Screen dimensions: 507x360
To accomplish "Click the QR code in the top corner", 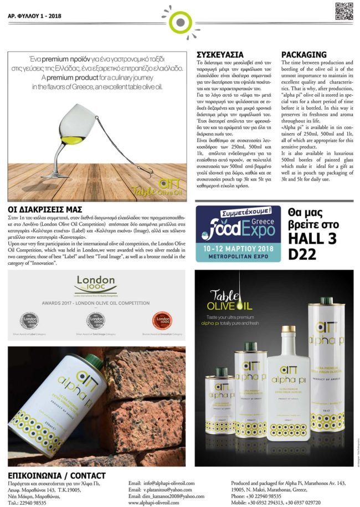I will pyautogui.click(x=344, y=12).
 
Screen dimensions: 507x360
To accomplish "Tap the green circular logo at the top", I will pyautogui.click(x=179, y=23).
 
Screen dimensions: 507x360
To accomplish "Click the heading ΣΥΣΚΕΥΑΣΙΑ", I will pyautogui.click(x=220, y=55).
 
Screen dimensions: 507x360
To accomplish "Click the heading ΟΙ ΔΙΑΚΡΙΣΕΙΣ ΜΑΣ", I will pyautogui.click(x=41, y=209).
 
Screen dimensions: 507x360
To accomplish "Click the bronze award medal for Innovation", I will pyautogui.click(x=161, y=320).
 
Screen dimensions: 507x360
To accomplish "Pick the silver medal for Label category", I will pyautogui.click(x=30, y=320).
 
